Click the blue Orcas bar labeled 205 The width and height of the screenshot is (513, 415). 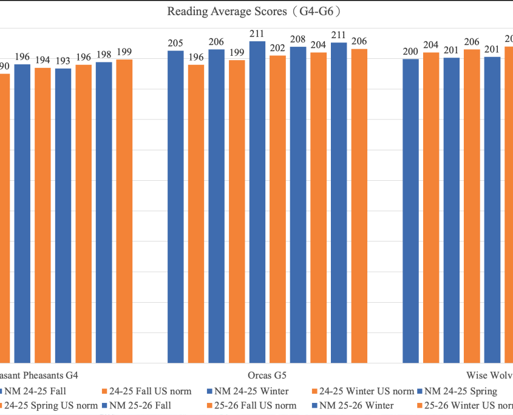click(175, 206)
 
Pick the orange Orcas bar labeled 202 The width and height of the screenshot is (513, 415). click(277, 209)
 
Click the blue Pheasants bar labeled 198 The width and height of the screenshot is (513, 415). click(104, 212)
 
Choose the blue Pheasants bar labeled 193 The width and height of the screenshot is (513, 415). click(63, 215)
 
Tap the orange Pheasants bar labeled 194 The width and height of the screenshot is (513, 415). click(42, 215)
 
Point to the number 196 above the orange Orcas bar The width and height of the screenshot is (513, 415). click(196, 58)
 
